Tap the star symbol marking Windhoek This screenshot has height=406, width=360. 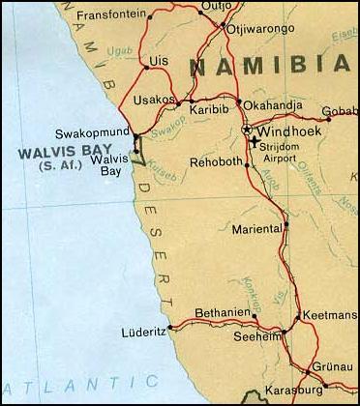point(247,130)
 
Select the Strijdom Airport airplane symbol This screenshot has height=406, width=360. point(254,142)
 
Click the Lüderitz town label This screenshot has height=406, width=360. point(143,332)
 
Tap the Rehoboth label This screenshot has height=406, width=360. point(214,161)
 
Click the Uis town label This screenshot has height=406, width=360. point(159,59)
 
